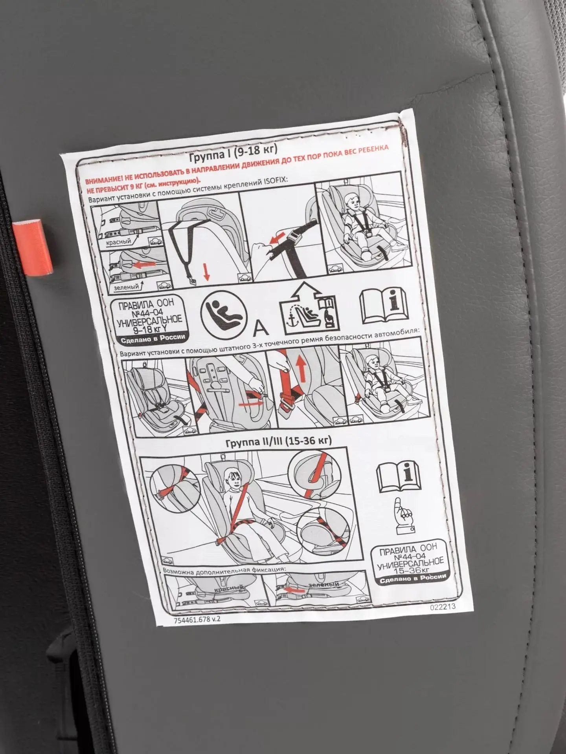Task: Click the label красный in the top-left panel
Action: click(x=118, y=242)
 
